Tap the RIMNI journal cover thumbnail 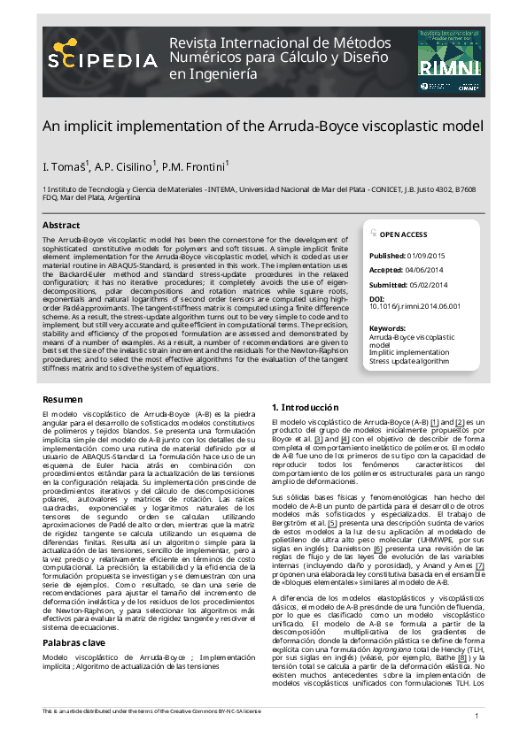[447, 59]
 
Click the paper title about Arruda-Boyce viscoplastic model [263, 126]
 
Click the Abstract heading [61, 226]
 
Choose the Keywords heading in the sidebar [387, 329]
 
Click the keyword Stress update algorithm [408, 361]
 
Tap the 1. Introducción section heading [305, 407]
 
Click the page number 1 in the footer [477, 716]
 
